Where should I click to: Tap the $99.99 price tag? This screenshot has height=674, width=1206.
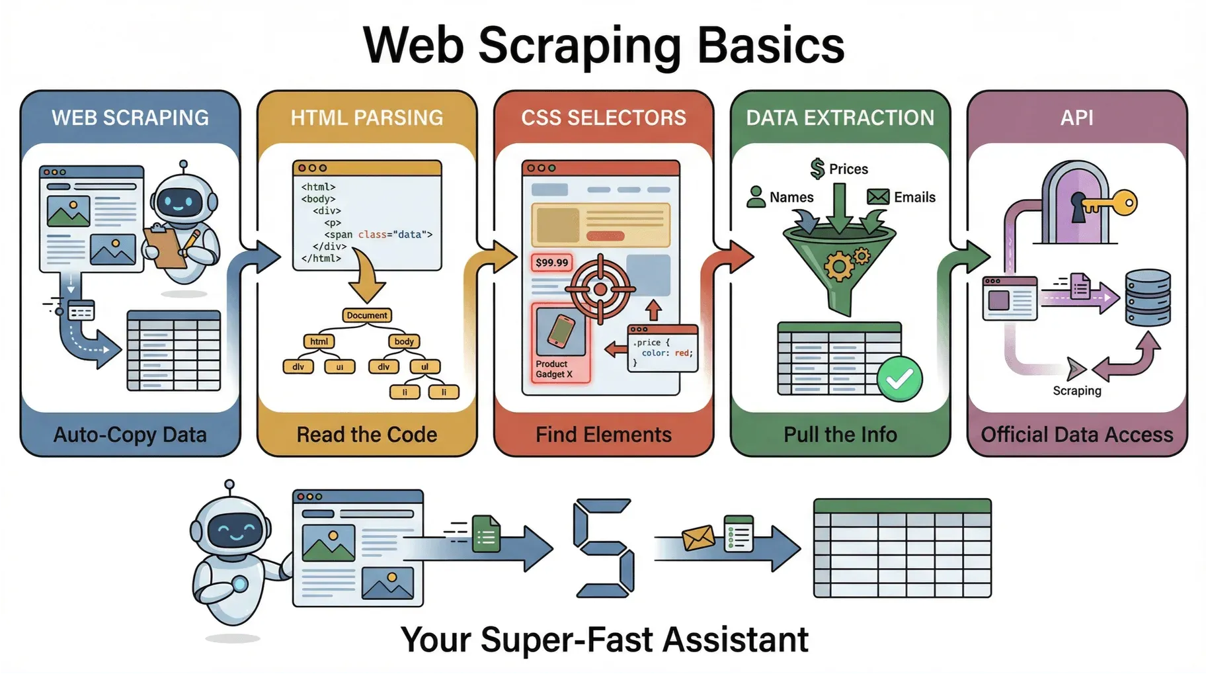click(551, 263)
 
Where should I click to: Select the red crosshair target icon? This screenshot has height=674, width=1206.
click(600, 289)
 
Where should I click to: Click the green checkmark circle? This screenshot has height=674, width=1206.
click(899, 379)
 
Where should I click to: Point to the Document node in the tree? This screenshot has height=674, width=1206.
click(367, 316)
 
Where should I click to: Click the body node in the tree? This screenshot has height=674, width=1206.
click(404, 341)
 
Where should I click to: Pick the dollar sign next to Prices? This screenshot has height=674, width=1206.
click(818, 169)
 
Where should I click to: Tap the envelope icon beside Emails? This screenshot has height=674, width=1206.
click(878, 197)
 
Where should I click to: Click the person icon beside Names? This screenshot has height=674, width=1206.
click(756, 196)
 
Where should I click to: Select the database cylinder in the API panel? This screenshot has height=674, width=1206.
click(1148, 297)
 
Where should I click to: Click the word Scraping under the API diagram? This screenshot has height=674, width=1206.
click(1077, 390)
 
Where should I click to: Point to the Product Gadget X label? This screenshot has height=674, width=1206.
click(554, 369)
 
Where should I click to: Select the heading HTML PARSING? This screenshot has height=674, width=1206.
click(367, 118)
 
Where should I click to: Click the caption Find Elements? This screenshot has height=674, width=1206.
click(604, 435)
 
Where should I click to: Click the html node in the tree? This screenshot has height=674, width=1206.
click(319, 341)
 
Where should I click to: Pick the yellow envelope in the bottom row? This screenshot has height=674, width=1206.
click(698, 538)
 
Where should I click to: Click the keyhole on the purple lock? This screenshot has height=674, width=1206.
click(1078, 206)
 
